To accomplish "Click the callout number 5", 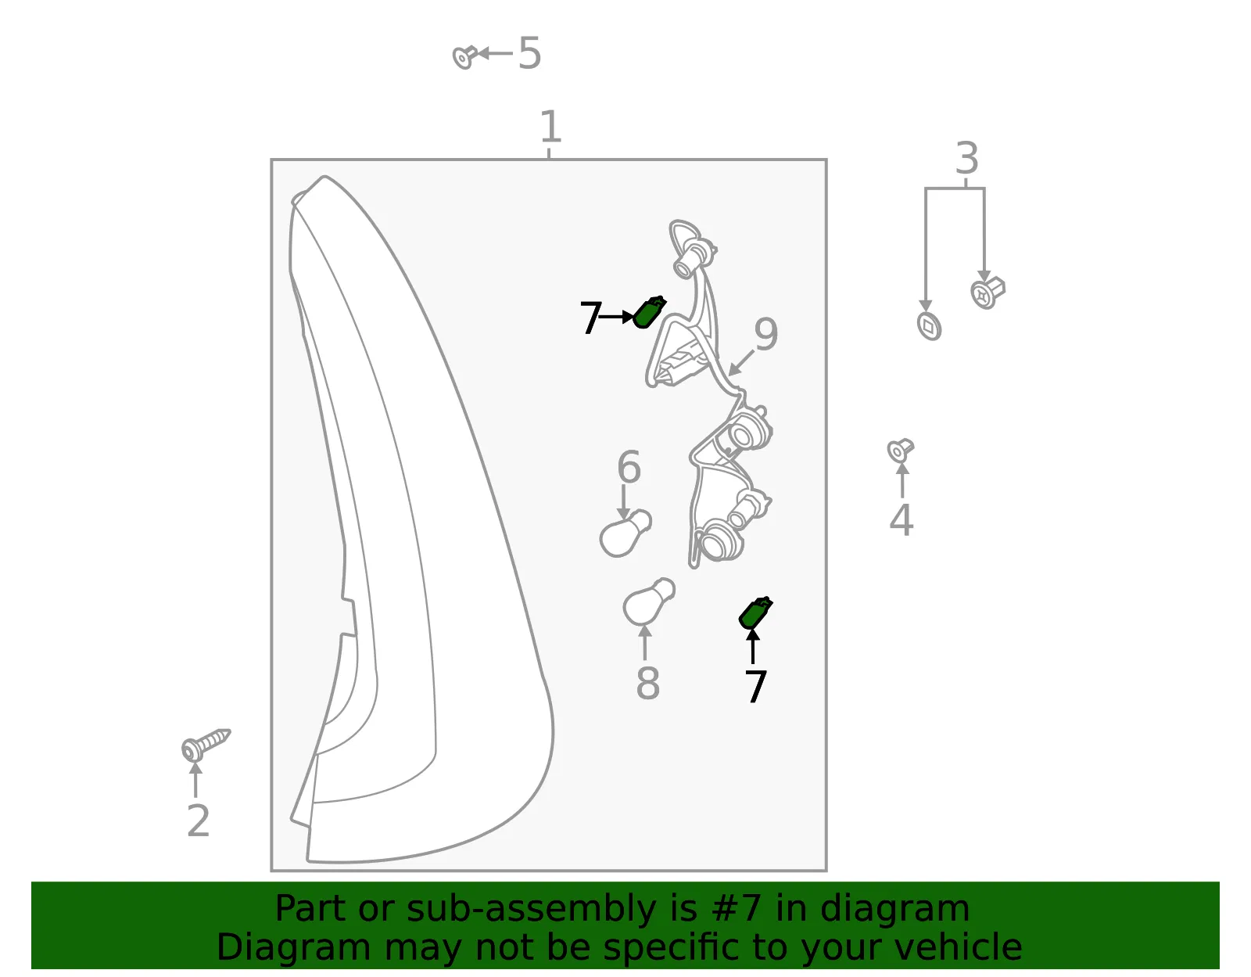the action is coord(529,53).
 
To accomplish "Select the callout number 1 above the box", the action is coord(550,127).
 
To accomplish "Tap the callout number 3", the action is coord(966,158).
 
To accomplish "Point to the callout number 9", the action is coord(766,335).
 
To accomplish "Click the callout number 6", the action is coord(629,467).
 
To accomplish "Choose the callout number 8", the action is coord(647,684).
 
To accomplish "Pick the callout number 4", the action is coord(902,519).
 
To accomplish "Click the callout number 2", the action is coord(198,821).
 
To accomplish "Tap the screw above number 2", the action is coord(206,744).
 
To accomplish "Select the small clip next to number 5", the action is coord(465,57).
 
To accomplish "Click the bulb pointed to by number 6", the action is coord(625,533).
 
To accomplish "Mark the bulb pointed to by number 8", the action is coord(649,602).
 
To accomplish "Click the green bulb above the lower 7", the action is coord(755,613).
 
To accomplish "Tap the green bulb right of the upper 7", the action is coord(650,313).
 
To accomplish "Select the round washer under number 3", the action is coord(929,326).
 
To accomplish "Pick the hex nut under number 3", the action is coord(988,293).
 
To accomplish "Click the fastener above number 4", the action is coord(901,450).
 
